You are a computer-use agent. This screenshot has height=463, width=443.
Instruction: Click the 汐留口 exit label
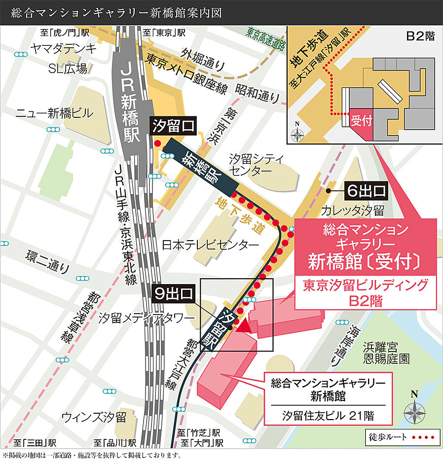tap(174, 126)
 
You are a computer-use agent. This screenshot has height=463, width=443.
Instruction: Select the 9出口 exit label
tap(172, 294)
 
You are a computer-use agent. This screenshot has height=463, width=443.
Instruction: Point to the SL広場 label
tap(68, 69)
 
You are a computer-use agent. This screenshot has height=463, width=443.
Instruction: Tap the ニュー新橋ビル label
tap(54, 113)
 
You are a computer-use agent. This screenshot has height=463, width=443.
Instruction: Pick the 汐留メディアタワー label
tap(147, 318)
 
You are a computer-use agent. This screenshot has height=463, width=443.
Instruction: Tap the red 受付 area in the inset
tap(360, 121)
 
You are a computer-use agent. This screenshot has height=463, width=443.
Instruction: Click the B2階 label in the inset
tap(420, 36)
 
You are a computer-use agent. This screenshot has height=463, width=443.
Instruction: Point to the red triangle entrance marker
tap(245, 325)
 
